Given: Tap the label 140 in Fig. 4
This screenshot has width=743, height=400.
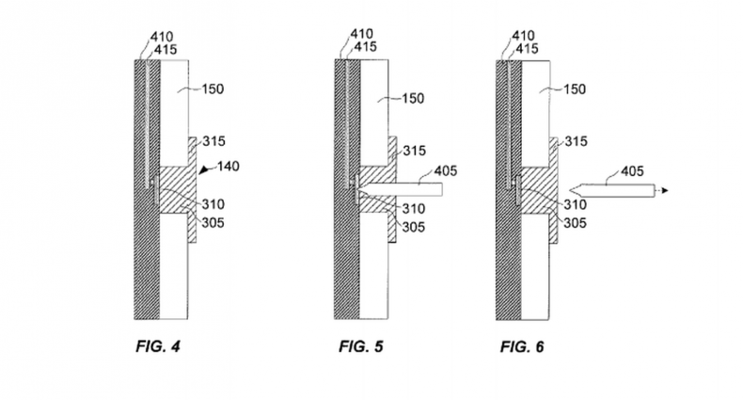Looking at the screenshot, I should pyautogui.click(x=226, y=167).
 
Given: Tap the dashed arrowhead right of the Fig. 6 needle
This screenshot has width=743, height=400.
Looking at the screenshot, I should pyautogui.click(x=665, y=190).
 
